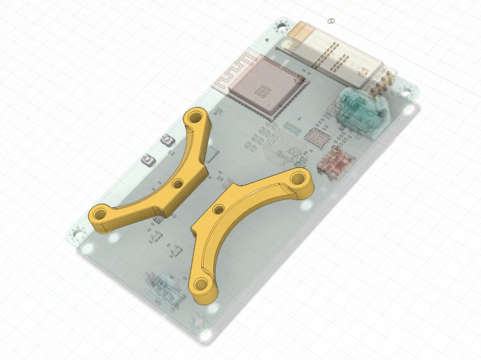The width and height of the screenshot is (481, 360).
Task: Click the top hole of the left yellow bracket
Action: (x=196, y=116)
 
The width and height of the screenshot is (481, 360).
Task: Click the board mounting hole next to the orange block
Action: (x=279, y=26)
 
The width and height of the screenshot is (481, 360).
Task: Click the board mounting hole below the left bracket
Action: (x=76, y=235)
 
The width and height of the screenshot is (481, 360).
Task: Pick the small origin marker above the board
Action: (x=330, y=21)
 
